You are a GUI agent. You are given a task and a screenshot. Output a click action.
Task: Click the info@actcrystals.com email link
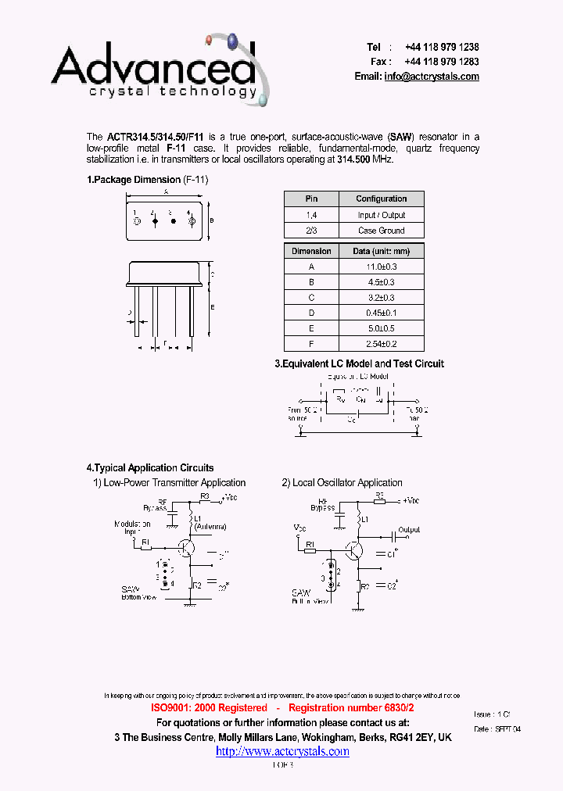click(x=431, y=77)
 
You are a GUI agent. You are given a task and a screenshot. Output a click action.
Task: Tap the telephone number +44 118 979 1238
click(x=441, y=48)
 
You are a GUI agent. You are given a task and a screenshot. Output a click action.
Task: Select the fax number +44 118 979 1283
click(x=441, y=62)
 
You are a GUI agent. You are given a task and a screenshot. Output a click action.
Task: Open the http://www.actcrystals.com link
click(x=282, y=751)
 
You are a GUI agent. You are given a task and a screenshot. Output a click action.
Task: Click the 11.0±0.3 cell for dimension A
click(x=382, y=267)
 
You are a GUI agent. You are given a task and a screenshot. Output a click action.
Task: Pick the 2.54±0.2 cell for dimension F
click(x=382, y=344)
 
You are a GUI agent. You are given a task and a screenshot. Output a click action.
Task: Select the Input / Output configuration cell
click(x=382, y=215)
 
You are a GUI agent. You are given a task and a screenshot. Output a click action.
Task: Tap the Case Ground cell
click(x=382, y=231)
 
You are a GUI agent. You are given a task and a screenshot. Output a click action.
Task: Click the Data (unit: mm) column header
click(x=382, y=251)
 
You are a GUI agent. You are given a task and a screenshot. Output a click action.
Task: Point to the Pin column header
click(x=311, y=199)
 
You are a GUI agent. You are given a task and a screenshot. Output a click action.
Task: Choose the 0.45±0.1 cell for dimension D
click(x=382, y=313)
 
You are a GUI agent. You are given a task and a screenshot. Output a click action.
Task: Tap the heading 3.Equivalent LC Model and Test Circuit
click(x=359, y=363)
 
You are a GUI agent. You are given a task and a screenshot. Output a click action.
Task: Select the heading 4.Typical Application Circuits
click(x=150, y=468)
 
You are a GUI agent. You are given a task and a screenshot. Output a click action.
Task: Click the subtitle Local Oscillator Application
click(x=347, y=483)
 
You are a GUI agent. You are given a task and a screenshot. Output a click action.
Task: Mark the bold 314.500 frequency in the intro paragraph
click(x=353, y=159)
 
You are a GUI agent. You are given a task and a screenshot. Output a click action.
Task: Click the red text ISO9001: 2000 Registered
click(x=209, y=707)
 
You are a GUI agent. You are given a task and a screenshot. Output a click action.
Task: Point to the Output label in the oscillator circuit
click(x=409, y=530)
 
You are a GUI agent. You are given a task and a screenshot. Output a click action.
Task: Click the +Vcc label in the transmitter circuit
click(x=231, y=497)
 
